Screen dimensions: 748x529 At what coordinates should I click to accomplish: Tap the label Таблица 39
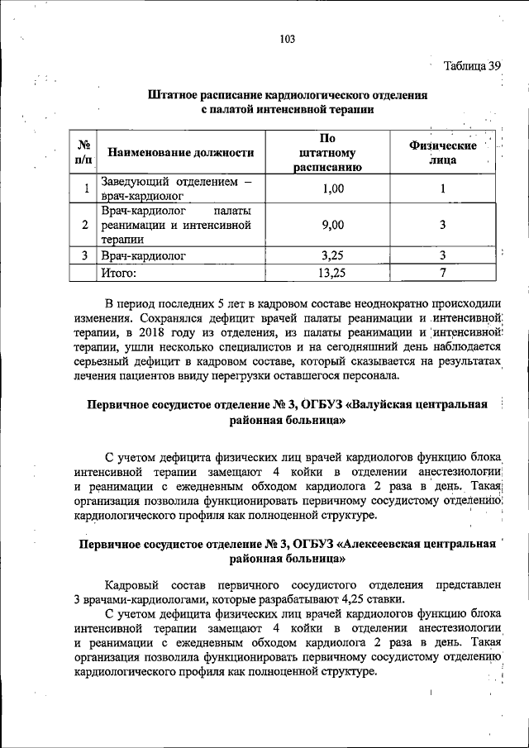(472, 66)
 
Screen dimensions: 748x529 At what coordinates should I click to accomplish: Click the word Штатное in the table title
(177, 95)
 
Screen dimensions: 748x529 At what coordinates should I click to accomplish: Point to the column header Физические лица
(442, 152)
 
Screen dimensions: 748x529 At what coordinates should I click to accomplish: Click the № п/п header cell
(83, 152)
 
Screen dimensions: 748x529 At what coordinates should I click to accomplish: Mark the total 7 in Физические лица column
(443, 270)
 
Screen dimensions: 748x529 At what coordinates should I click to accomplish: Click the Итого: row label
(118, 270)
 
